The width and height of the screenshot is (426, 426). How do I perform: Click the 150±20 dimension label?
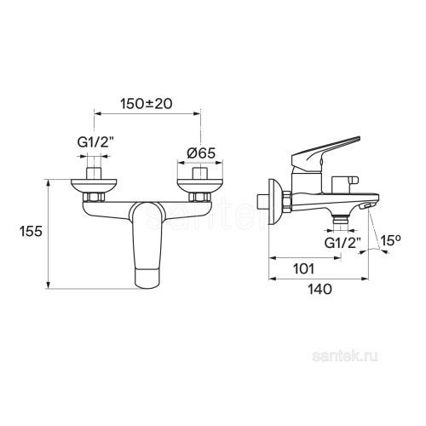coord(147,104)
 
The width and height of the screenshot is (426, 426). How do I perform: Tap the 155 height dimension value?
coord(31,231)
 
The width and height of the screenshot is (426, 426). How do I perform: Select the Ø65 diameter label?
coord(201,153)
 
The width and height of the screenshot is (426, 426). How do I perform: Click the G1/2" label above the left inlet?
coord(94,143)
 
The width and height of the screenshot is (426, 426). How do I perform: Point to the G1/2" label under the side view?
coord(343,243)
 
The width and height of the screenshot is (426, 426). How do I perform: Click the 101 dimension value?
coord(303,268)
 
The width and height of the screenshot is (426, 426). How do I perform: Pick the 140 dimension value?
coord(319,289)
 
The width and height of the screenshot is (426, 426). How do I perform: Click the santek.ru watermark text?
coord(345,356)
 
